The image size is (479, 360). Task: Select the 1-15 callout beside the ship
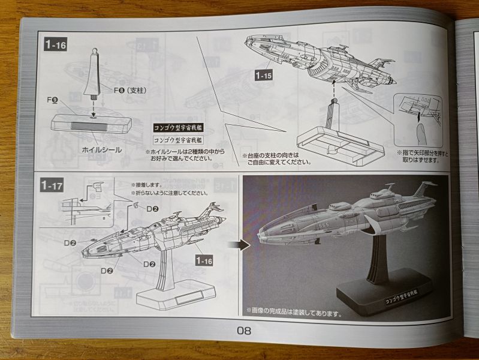point(264,76)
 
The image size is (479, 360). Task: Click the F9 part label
point(52,100)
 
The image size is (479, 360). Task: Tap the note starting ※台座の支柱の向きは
point(276,159)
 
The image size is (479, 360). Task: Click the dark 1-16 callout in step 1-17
point(204,260)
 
